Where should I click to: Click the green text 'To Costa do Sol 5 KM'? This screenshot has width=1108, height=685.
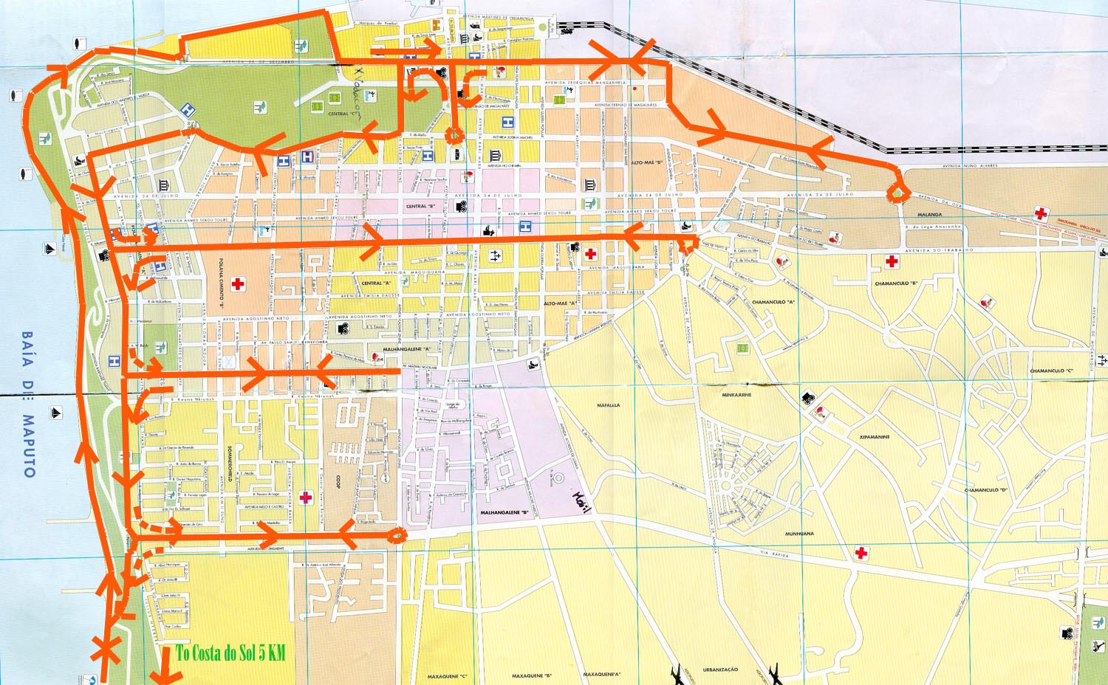tap(230, 653)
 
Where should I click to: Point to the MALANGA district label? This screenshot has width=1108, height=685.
tap(929, 215)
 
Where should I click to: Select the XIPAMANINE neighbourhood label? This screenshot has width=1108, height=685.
tap(874, 437)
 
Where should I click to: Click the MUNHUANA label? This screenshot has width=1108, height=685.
tap(799, 533)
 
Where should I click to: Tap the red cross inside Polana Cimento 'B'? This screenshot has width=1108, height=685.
tap(238, 283)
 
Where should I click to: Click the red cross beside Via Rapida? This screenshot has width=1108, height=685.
tap(861, 552)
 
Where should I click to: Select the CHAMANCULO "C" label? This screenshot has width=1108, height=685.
tap(1052, 371)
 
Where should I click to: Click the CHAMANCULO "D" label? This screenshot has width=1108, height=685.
tap(985, 489)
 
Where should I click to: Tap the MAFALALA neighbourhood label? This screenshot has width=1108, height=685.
tap(608, 405)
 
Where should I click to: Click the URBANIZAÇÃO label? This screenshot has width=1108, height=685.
tap(719, 669)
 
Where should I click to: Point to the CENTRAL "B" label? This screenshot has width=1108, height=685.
tap(420, 207)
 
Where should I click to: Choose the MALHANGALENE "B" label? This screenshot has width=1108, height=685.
tap(505, 512)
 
